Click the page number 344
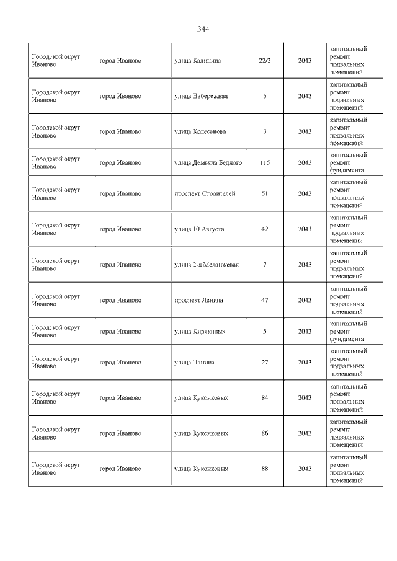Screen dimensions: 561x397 click(x=203, y=29)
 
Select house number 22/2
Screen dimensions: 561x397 click(x=265, y=61)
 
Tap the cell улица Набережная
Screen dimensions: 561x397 click(x=201, y=96)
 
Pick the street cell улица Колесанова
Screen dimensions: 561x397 click(x=200, y=131)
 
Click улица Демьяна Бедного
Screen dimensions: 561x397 click(x=208, y=162)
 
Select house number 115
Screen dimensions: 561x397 click(x=265, y=162)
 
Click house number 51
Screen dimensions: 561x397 click(x=265, y=193)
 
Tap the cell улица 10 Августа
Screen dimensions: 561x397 click(x=199, y=229)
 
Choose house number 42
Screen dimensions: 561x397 click(x=265, y=229)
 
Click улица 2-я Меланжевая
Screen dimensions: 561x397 click(x=207, y=265)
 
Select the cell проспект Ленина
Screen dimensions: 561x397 click(x=199, y=300)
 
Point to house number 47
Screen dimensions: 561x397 click(x=265, y=300)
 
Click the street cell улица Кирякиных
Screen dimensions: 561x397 click(x=200, y=331)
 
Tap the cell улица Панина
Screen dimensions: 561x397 click(x=194, y=362)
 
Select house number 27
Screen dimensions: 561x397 click(x=265, y=362)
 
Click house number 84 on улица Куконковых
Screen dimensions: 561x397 click(x=265, y=397)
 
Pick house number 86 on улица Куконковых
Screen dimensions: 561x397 click(x=265, y=433)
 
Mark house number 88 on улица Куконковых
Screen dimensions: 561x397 click(x=265, y=469)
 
